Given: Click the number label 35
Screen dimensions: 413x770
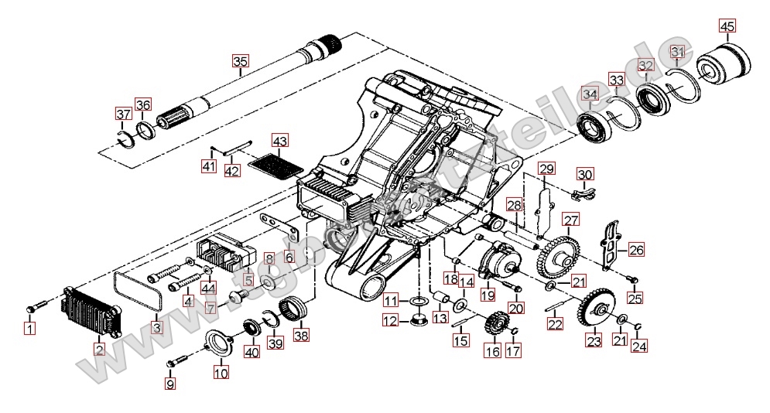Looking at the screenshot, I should pyautogui.click(x=240, y=61).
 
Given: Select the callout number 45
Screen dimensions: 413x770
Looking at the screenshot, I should pyautogui.click(x=726, y=26).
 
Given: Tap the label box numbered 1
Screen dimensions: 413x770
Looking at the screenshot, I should pyautogui.click(x=29, y=331).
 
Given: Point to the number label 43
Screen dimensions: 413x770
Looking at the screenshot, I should pyautogui.click(x=279, y=142).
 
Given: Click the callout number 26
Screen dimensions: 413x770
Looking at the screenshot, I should pyautogui.click(x=636, y=250).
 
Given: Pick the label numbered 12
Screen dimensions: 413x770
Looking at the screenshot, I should pyautogui.click(x=392, y=320).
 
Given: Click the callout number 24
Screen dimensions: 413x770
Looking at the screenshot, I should pyautogui.click(x=638, y=346).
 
